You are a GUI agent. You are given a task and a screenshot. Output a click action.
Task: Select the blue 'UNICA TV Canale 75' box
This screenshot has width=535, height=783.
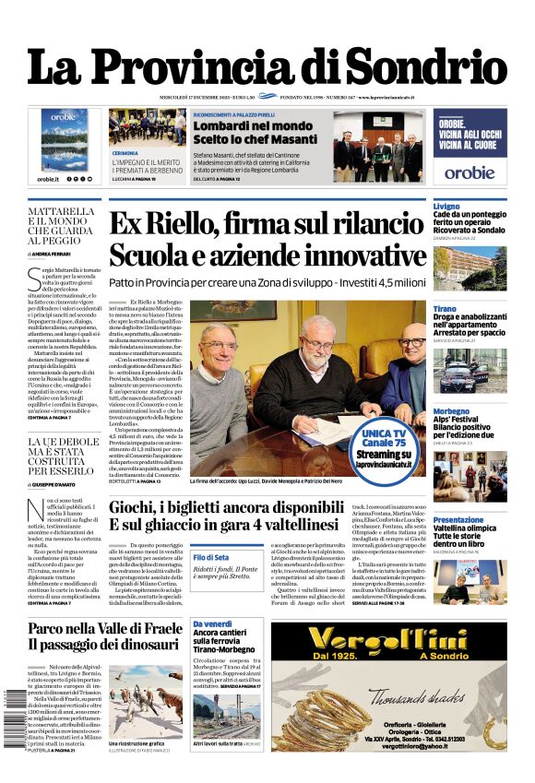pyautogui.click(x=383, y=444)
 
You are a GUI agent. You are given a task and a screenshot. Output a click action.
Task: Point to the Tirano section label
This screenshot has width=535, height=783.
pyautogui.click(x=444, y=308)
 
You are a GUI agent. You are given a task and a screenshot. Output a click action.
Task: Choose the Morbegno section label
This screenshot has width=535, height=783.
pyautogui.click(x=450, y=411)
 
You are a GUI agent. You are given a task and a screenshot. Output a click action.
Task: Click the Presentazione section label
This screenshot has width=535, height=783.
pyautogui.click(x=458, y=520)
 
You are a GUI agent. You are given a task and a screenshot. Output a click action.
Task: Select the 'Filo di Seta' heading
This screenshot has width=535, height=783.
pyautogui.click(x=211, y=557)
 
